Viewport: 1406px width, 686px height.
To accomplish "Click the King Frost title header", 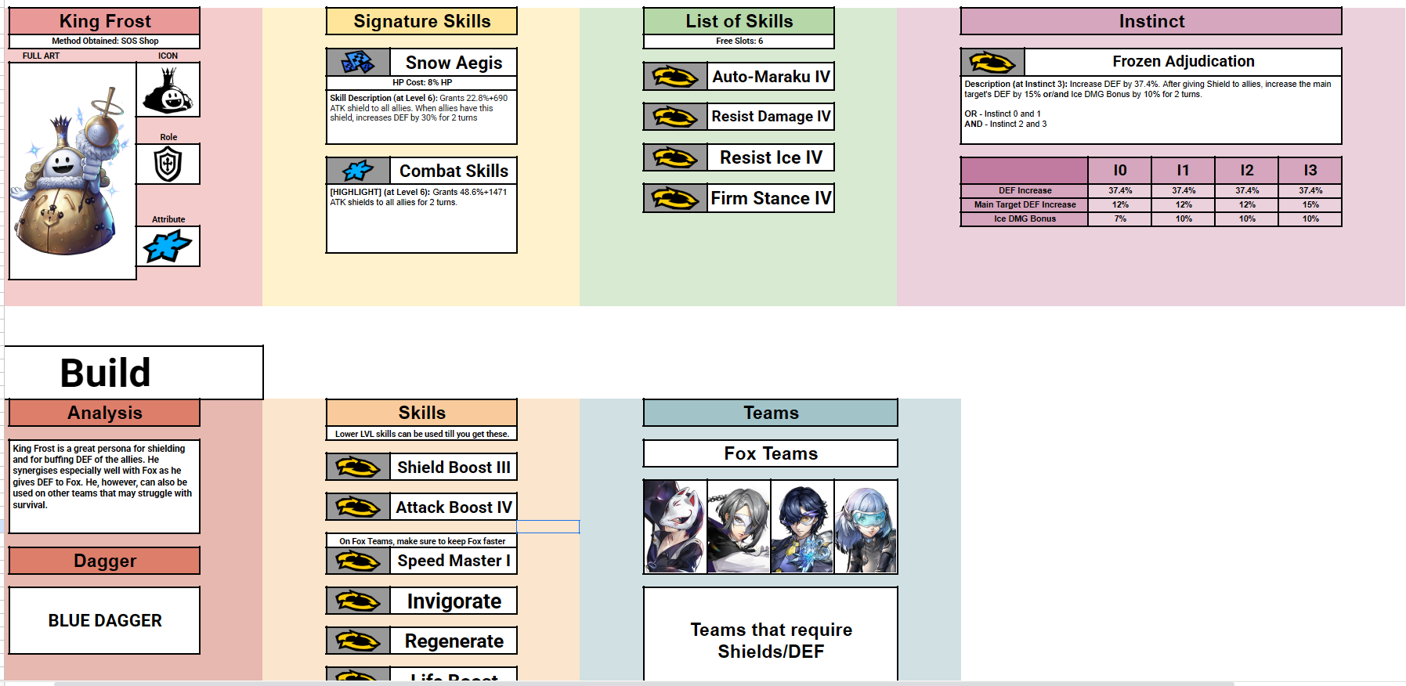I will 105,21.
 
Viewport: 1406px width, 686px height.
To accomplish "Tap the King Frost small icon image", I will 168,89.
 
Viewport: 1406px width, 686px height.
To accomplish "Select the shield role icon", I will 168,164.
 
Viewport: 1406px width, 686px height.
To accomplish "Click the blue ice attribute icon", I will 168,247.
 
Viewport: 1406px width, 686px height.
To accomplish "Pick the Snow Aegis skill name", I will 454,63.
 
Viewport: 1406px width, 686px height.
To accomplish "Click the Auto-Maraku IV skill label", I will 771,77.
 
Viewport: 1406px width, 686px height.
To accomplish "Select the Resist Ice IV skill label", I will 771,157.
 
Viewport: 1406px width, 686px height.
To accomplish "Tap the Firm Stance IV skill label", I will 771,198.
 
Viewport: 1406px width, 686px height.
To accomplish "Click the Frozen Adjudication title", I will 1183,61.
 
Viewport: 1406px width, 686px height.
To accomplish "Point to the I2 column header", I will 1246,170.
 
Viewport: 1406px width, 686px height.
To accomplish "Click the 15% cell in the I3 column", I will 1310,204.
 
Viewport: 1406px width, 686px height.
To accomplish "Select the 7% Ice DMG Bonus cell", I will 1120,218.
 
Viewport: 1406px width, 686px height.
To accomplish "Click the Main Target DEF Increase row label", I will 1025,204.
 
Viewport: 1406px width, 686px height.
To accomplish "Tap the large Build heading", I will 106,373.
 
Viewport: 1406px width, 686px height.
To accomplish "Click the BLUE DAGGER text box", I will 105,620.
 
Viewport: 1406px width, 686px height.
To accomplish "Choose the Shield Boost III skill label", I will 454,468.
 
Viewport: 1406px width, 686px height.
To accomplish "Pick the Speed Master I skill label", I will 454,561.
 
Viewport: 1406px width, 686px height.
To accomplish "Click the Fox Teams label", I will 771,453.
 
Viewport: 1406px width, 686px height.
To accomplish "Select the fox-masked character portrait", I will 675,526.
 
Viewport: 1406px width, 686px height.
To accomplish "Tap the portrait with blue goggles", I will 866,526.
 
